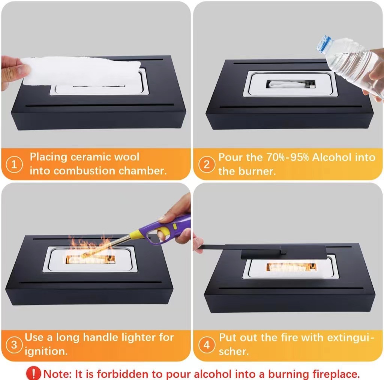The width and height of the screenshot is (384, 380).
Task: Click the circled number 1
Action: pos(14,164)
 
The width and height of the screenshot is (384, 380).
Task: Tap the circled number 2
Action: pos(207,165)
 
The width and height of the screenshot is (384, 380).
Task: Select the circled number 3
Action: pos(14,345)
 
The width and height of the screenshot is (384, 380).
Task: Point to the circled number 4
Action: pos(207,345)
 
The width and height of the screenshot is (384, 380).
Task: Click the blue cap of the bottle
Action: pos(323,44)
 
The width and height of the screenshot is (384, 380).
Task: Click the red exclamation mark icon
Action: pos(33,373)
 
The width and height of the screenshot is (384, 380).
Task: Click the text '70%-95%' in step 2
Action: pos(288,157)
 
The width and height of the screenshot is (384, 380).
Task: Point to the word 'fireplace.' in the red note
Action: pos(336,374)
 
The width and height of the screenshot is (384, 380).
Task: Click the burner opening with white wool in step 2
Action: pos(291,84)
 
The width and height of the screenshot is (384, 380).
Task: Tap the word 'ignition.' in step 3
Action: pos(46,352)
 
